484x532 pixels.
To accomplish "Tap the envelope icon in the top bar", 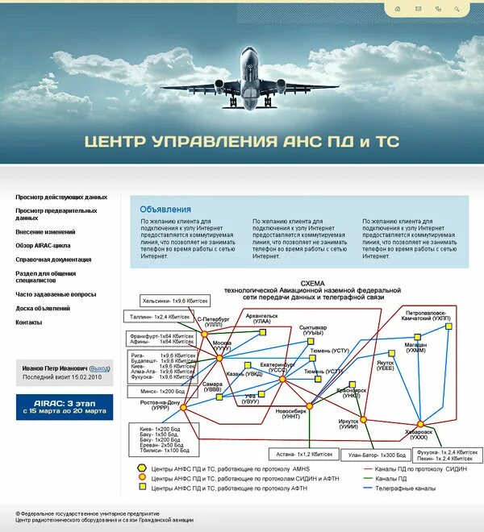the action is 418,9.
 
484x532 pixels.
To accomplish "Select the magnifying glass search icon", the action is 458,9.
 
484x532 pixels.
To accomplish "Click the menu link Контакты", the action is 29,322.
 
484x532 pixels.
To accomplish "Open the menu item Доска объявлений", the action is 43,309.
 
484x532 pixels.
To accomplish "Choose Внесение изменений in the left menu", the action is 45,231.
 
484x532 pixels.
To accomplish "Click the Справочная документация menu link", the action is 53,260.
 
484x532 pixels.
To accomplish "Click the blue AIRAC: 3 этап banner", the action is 65,406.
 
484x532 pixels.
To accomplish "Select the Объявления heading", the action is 165,210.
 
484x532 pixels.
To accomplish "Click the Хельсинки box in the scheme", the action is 174,301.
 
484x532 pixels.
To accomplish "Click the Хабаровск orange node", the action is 419,424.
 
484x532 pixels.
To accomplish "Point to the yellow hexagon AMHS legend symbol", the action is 143,468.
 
